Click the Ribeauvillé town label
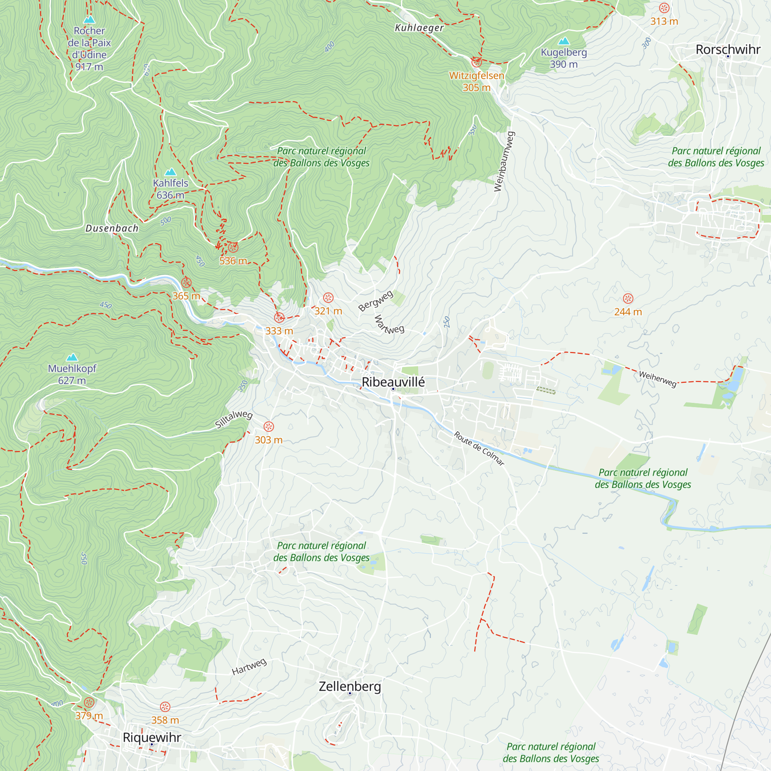[393, 382]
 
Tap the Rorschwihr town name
[728, 49]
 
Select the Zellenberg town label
[350, 686]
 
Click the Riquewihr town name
[152, 737]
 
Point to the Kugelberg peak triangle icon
[564, 41]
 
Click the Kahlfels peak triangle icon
[170, 172]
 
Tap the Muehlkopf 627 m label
[72, 374]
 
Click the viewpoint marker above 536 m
[233, 247]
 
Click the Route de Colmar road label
[479, 448]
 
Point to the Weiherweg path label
[658, 379]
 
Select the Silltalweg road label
[234, 419]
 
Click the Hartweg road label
[249, 667]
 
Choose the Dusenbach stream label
[112, 228]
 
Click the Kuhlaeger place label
[419, 27]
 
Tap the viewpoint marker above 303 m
[269, 427]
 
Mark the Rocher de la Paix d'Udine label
[89, 48]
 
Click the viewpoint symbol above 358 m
[165, 707]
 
